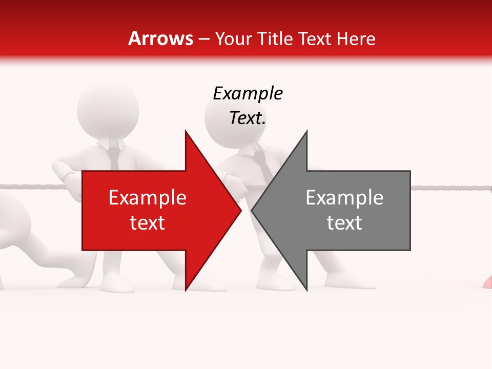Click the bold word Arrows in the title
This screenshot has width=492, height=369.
tap(161, 38)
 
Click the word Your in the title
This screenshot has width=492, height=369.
tap(233, 38)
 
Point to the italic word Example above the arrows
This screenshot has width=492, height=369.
tap(248, 93)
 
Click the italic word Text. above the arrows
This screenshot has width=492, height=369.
tap(248, 118)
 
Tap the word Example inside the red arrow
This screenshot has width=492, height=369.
tap(147, 198)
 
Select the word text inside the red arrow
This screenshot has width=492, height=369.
tap(147, 223)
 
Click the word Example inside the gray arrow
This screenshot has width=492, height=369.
tap(344, 198)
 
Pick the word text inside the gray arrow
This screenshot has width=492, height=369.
tap(344, 223)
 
